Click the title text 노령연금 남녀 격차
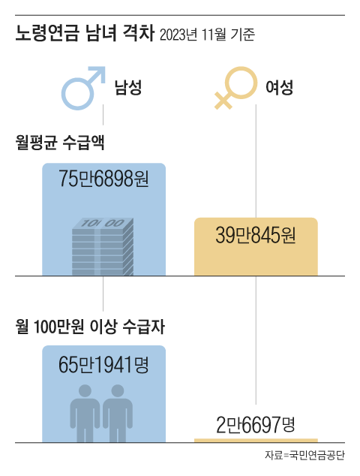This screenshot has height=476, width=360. [85, 33]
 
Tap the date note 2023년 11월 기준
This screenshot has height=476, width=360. [207, 35]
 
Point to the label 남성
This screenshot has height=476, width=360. [128, 87]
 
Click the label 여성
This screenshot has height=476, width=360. [279, 87]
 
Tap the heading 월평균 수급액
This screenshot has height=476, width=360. [60, 142]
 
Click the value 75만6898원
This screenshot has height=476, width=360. [103, 178]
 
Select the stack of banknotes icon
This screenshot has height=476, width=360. [103, 246]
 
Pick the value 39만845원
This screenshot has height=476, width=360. [256, 235]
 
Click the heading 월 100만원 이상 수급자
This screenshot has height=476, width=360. [90, 327]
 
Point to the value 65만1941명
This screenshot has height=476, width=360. [103, 364]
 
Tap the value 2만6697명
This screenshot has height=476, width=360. [256, 425]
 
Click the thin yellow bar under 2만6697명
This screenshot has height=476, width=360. [256, 441]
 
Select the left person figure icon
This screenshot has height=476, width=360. [85, 413]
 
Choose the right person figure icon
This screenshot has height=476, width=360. [118, 413]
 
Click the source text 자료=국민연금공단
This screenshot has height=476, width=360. [304, 455]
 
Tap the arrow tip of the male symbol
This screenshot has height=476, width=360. [103, 68]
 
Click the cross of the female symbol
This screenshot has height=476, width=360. [223, 100]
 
